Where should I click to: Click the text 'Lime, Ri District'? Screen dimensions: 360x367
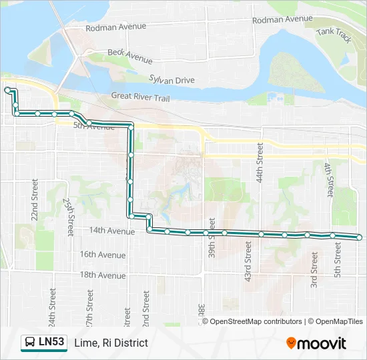click(x=111, y=343)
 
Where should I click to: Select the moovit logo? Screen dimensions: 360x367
click(x=316, y=343)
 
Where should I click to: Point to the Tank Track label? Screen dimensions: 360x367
click(x=334, y=35)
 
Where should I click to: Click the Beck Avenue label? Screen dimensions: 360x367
click(x=130, y=55)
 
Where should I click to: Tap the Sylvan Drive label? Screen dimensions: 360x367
click(x=171, y=80)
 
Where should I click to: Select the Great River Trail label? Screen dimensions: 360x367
click(x=141, y=97)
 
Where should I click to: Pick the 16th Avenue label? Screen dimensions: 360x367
click(x=103, y=255)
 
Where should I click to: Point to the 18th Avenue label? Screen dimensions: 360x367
click(x=103, y=275)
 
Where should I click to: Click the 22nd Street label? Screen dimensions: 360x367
click(x=34, y=196)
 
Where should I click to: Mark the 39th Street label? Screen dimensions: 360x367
click(x=212, y=237)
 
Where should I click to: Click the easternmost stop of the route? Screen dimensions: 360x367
click(x=360, y=237)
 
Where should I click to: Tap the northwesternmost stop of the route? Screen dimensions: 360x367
click(x=7, y=89)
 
